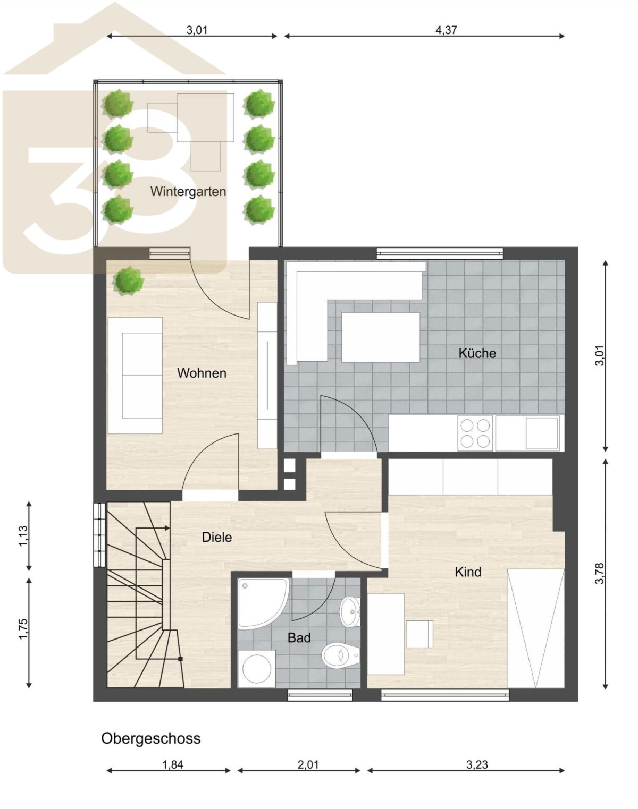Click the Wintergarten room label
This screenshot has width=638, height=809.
[x=188, y=192]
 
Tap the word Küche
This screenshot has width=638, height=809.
[x=477, y=353]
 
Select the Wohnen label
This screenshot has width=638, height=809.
[x=202, y=373]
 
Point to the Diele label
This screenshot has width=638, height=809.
[x=217, y=537]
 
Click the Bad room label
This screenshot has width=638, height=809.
[x=299, y=637]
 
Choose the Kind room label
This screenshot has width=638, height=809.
[x=468, y=572]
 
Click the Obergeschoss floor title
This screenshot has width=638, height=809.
[x=151, y=739]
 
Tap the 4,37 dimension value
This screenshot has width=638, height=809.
[x=446, y=30]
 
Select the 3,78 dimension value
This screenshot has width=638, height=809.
[x=599, y=573]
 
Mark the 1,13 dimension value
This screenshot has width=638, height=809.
[x=23, y=536]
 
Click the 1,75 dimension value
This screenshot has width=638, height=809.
[x=23, y=628]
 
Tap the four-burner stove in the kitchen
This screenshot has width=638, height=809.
[x=475, y=433]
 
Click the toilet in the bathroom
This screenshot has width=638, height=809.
[x=341, y=655]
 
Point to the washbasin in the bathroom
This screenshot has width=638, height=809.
[x=350, y=612]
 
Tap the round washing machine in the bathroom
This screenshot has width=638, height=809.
[x=257, y=669]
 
